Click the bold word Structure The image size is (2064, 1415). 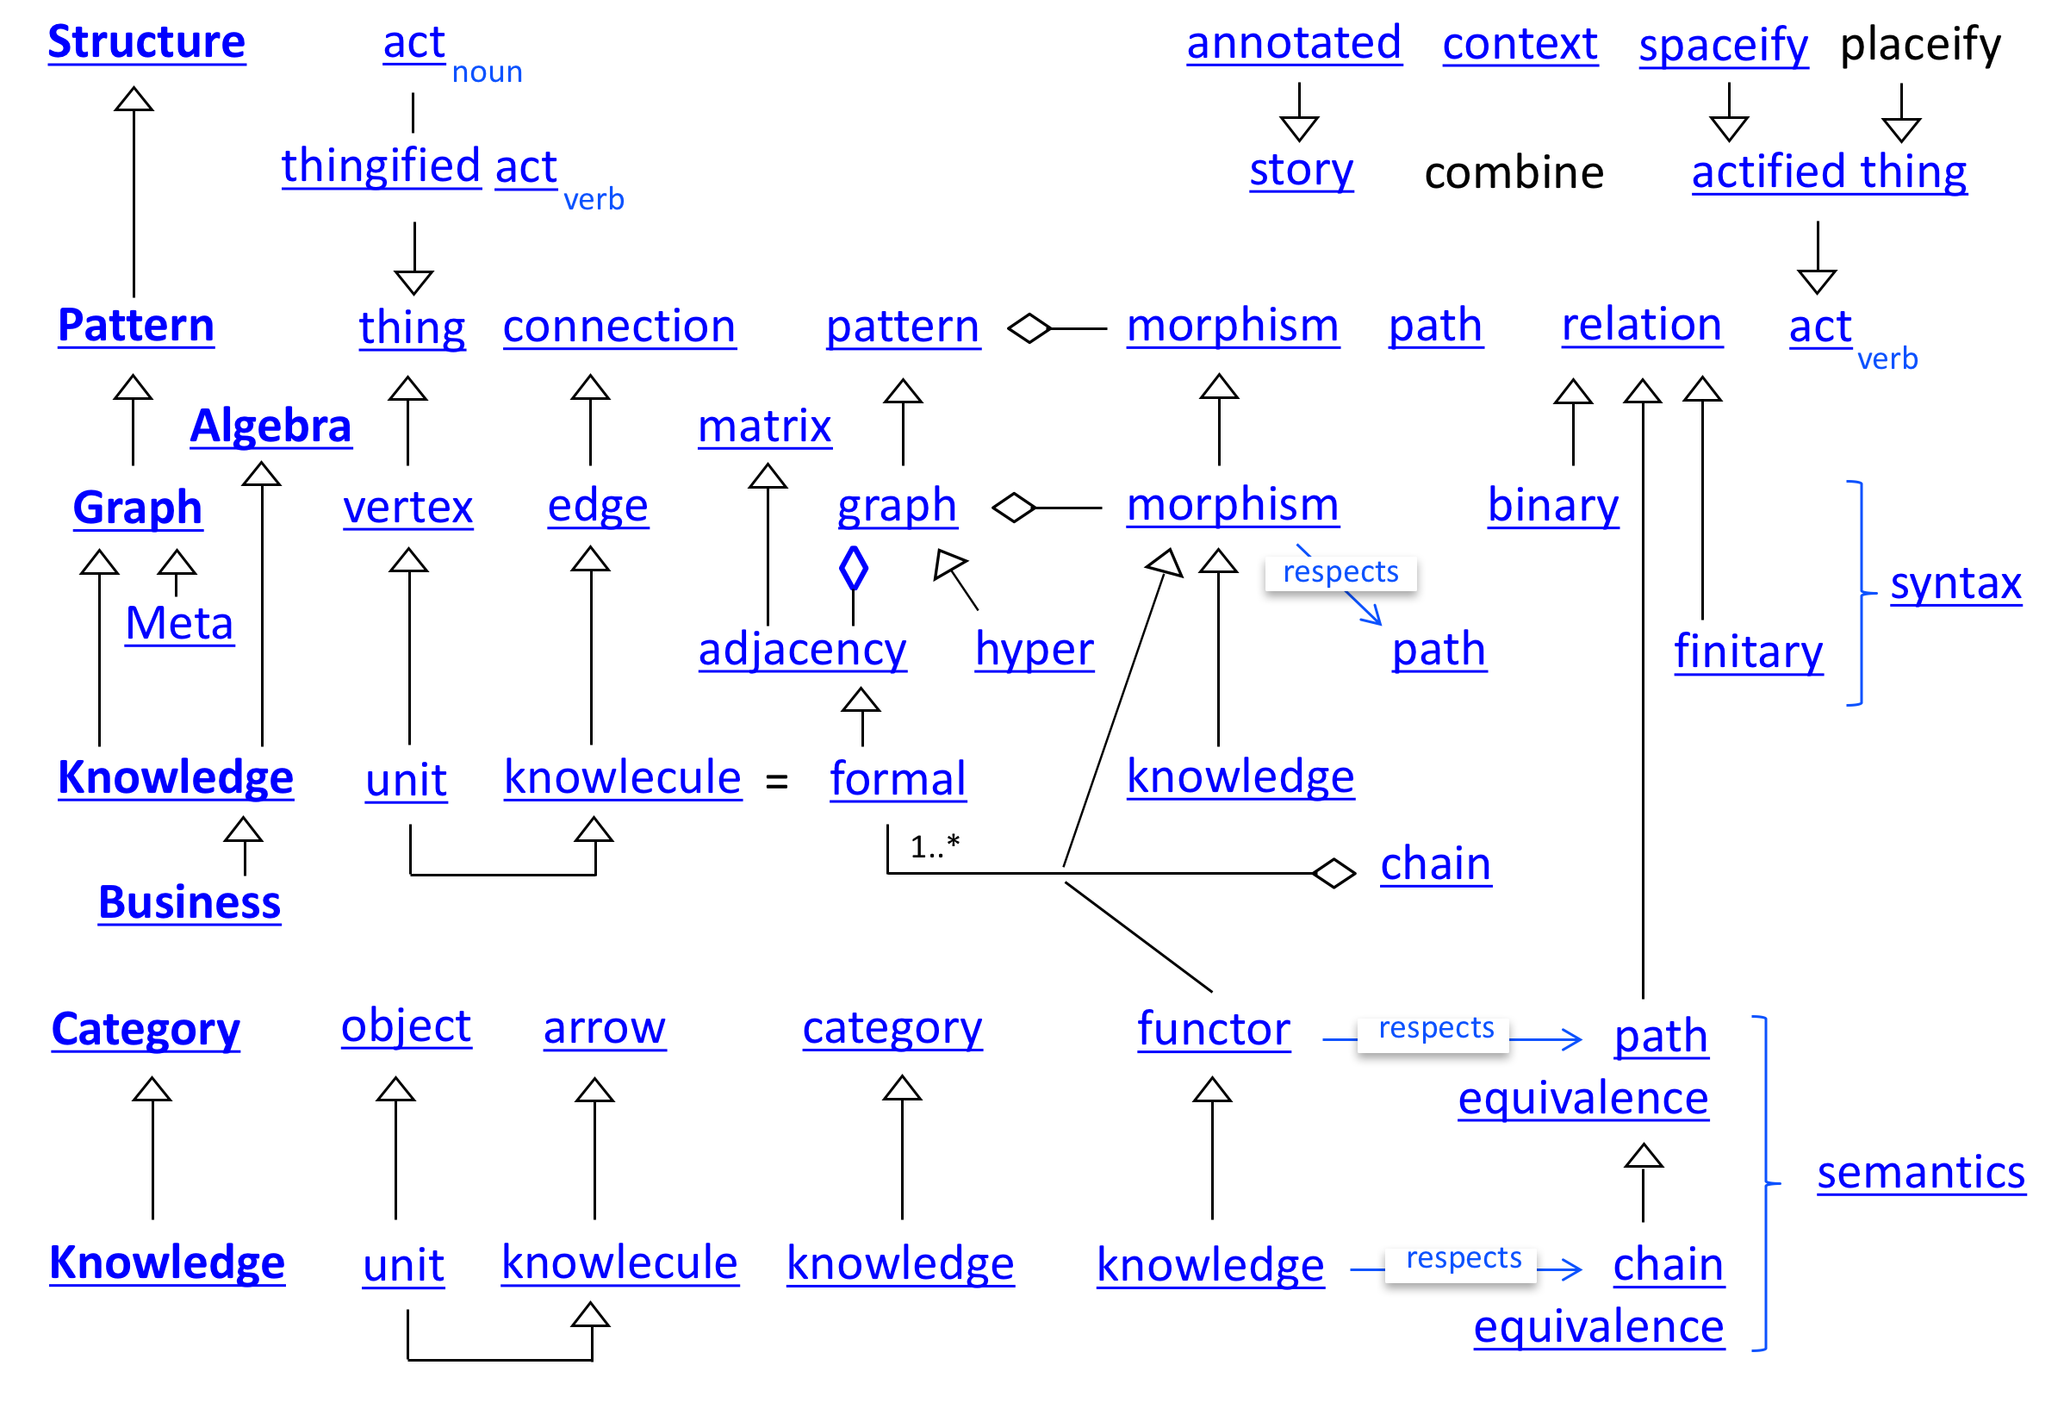click(x=146, y=41)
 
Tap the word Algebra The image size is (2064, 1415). click(x=270, y=427)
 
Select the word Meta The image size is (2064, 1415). click(x=179, y=624)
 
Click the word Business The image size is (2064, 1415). click(x=190, y=903)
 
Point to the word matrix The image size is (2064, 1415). click(x=765, y=427)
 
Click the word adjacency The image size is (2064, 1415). click(x=802, y=651)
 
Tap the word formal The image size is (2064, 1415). click(x=898, y=780)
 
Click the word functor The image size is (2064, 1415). click(x=1213, y=1031)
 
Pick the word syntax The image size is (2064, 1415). click(x=1955, y=584)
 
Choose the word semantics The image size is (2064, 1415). click(x=1921, y=1174)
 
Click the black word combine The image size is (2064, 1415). click(x=1514, y=173)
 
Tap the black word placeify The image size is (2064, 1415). click(x=1920, y=45)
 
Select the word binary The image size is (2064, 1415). click(x=1553, y=507)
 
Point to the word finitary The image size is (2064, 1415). click(x=1748, y=653)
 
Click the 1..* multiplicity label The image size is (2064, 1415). click(x=935, y=846)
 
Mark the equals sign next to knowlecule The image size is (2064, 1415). click(x=776, y=782)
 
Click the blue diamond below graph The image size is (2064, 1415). click(x=853, y=569)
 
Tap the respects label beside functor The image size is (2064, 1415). click(x=1435, y=1029)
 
